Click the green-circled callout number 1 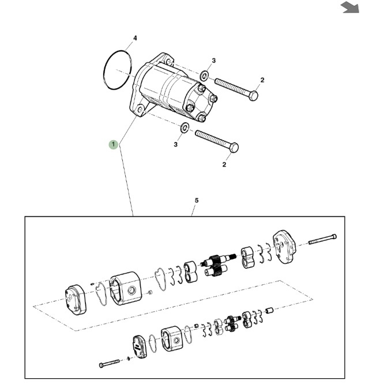pyautogui.click(x=114, y=145)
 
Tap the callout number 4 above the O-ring pyautogui.click(x=135, y=38)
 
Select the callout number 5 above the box pyautogui.click(x=197, y=201)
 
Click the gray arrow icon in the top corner pyautogui.click(x=350, y=7)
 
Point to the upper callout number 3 pyautogui.click(x=214, y=61)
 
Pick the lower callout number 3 pyautogui.click(x=175, y=145)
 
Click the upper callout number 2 pyautogui.click(x=262, y=80)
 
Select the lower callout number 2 pyautogui.click(x=224, y=164)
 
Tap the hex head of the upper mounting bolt pyautogui.click(x=254, y=95)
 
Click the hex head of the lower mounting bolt pyautogui.click(x=234, y=148)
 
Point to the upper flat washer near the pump pyautogui.click(x=204, y=76)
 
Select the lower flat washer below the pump pyautogui.click(x=185, y=127)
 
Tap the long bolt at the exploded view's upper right pyautogui.click(x=322, y=239)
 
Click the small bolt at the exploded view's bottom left pyautogui.click(x=109, y=364)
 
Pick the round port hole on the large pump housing pyautogui.click(x=131, y=291)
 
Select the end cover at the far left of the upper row pyautogui.click(x=76, y=300)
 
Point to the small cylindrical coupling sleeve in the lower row pyautogui.click(x=269, y=311)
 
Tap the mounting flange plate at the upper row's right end pyautogui.click(x=284, y=247)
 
